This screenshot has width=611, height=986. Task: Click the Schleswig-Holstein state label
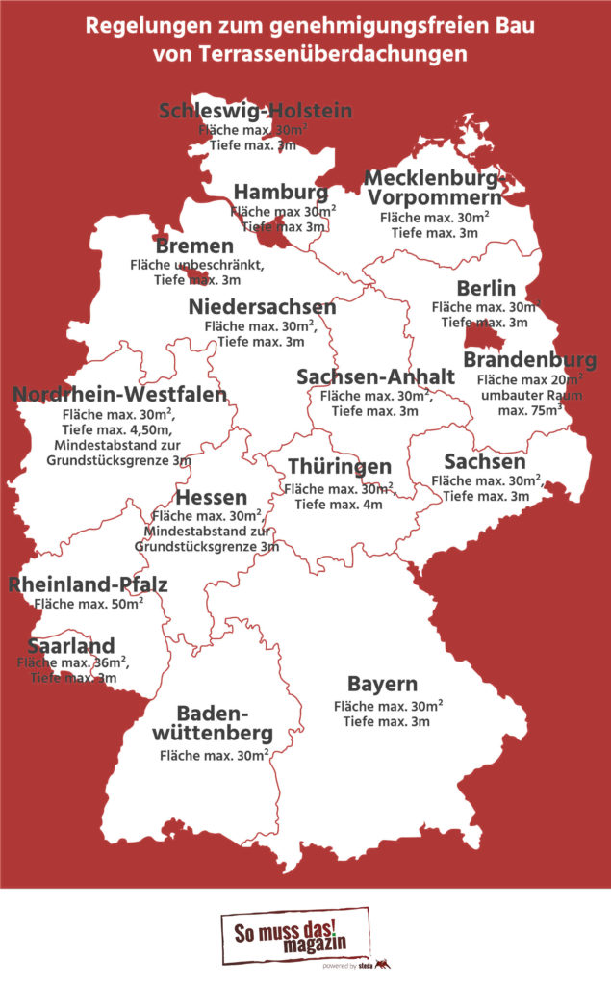click(255, 110)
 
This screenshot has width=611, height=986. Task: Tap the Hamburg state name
click(280, 191)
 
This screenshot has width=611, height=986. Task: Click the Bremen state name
click(194, 246)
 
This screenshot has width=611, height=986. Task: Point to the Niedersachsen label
click(262, 307)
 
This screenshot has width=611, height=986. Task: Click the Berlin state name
click(486, 288)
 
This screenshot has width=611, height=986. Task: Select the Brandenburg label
click(529, 360)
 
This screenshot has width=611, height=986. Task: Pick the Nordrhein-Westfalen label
click(120, 395)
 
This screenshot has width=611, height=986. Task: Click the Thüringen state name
click(340, 467)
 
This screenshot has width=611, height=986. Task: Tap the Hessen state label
click(212, 498)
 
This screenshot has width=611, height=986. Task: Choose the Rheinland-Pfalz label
click(89, 584)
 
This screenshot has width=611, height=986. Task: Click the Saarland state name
click(71, 644)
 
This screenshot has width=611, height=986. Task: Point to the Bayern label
click(382, 685)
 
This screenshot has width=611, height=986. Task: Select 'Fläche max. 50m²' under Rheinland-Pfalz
click(89, 604)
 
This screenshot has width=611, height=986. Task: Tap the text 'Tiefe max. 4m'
click(339, 504)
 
